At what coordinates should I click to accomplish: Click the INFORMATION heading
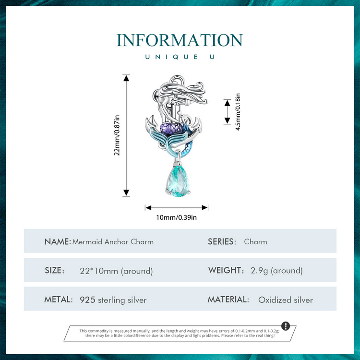point(180,40)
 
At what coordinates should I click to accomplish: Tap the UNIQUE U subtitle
point(180,57)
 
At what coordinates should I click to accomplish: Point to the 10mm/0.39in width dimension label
point(177,217)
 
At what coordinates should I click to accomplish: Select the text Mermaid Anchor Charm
point(113,241)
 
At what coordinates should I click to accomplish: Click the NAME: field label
point(58,241)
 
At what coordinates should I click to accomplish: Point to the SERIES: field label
point(222,241)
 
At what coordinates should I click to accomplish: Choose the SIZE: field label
point(54,271)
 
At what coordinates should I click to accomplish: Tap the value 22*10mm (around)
point(116,271)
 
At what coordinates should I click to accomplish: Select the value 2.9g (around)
point(276,271)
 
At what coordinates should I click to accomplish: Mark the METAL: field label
point(59,300)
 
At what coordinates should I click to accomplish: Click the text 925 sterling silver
point(113,300)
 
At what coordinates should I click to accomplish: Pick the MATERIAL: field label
point(228,300)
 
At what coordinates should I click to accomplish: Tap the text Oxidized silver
point(286,300)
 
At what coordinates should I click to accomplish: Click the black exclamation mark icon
point(286,326)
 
